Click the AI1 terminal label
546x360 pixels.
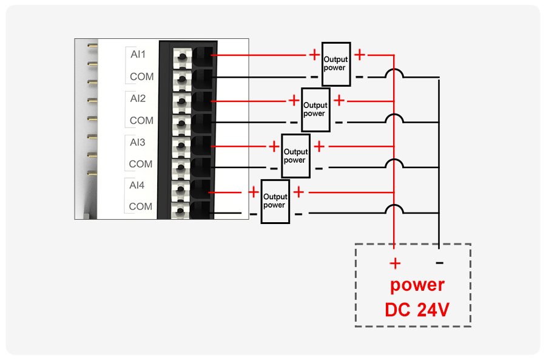pos(138,55)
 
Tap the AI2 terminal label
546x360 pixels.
pos(138,98)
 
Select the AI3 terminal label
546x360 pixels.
pos(138,142)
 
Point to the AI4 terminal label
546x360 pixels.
pos(137,185)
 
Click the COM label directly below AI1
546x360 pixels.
pos(142,76)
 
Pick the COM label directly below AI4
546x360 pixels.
pos(141,206)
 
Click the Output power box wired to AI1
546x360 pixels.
pos(336,64)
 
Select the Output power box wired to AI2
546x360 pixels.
pos(315,109)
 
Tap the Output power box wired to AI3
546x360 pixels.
pos(295,156)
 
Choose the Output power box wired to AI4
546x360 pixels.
pos(275,201)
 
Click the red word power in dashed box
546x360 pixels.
pos(417,285)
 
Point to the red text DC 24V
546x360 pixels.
pos(417,310)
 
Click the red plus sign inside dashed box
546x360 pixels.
pos(395,263)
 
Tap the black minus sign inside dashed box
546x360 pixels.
pos(439,263)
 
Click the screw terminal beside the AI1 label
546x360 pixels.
pos(183,57)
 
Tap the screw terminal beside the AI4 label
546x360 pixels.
pos(181,190)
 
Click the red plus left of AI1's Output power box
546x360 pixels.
pos(314,55)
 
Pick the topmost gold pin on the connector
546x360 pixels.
pos(92,46)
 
